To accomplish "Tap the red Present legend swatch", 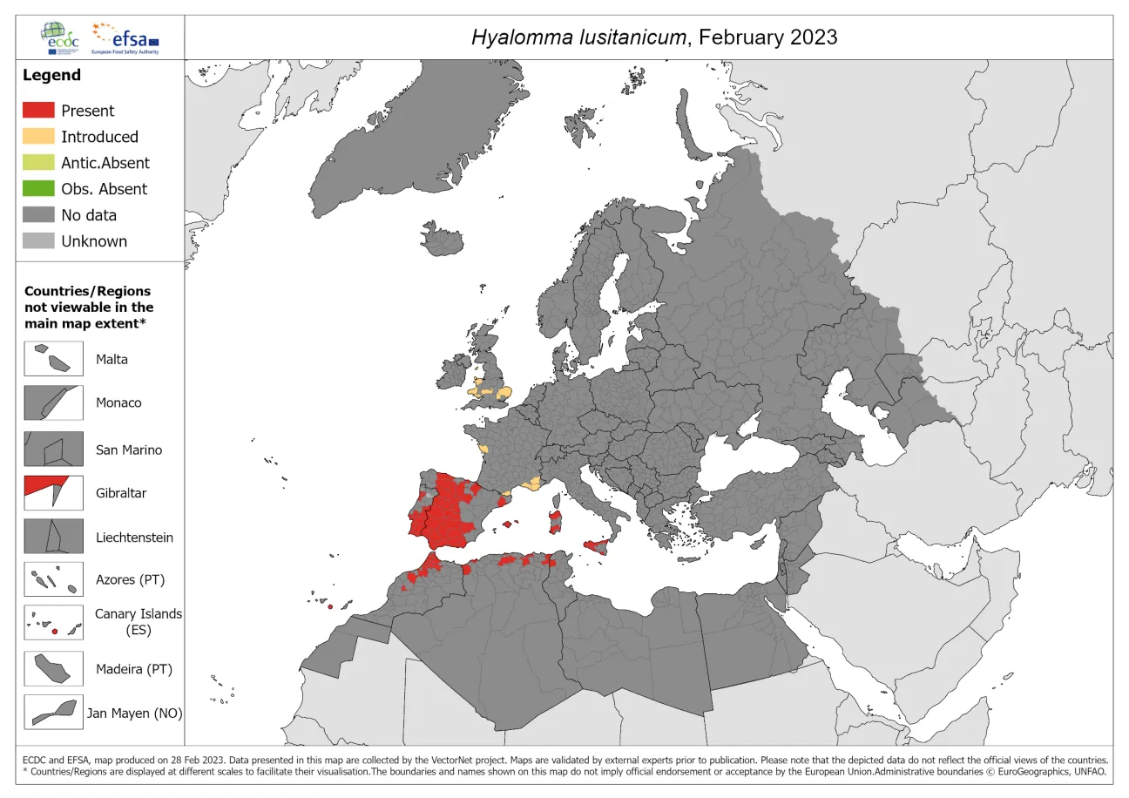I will (39, 111).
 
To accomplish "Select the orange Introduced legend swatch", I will (39, 137).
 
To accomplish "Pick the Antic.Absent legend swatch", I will (39, 163).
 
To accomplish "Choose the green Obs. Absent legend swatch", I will (39, 189).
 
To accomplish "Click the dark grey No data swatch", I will (39, 215).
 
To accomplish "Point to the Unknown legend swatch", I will (39, 241).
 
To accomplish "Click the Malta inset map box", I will (54, 358).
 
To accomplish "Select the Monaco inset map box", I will (54, 402).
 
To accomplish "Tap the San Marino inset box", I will (54, 450).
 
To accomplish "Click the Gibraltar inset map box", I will (54, 492).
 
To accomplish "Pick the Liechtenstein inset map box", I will (54, 537).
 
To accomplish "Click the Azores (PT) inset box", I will (54, 579).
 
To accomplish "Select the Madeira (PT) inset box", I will (54, 669).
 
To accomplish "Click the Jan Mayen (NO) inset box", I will (54, 713).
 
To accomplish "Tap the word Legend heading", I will (51, 76).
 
